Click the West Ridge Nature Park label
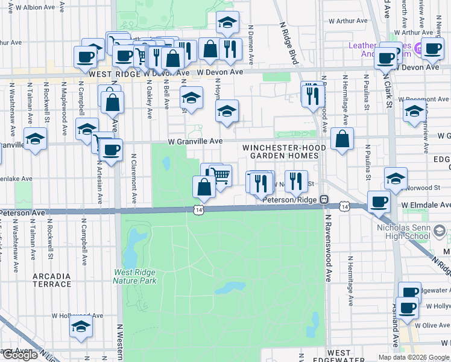[x=135, y=276]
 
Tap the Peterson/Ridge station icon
[x=324, y=198]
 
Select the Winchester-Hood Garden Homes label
[x=284, y=151]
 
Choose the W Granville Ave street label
[x=195, y=141]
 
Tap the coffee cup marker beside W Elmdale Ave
[x=379, y=202]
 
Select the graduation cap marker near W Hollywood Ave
[x=81, y=326]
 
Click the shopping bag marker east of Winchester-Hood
[x=342, y=139]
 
